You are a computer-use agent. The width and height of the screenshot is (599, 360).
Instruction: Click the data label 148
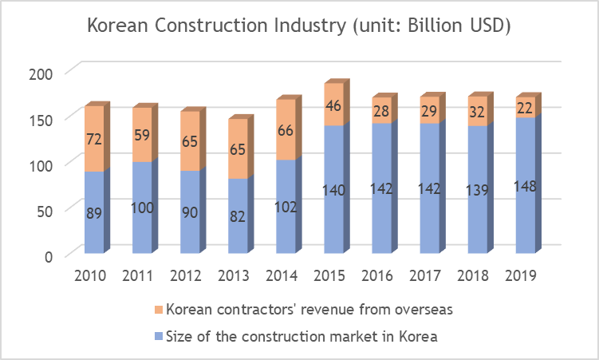[524, 187]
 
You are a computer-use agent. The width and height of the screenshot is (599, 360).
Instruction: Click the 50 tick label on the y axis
[44, 211]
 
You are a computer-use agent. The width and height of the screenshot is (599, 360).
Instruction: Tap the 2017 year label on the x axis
[428, 275]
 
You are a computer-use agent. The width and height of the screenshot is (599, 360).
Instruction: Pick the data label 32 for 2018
[476, 112]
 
